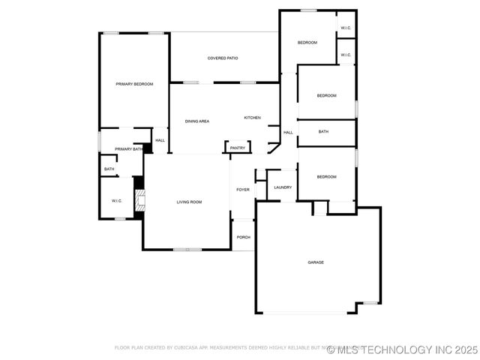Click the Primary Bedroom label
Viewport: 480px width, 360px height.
[x=134, y=84]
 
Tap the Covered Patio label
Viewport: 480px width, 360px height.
[x=223, y=58]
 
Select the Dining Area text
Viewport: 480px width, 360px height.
[x=197, y=121]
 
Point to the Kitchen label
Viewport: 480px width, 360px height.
[x=252, y=118]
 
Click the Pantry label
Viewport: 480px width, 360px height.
[x=238, y=148]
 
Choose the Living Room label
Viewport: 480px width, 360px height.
[x=189, y=202]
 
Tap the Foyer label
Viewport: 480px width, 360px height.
[x=243, y=190]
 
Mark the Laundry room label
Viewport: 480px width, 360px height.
[x=283, y=187]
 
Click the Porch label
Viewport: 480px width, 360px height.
[x=243, y=237]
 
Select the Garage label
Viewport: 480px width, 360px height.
[x=316, y=262]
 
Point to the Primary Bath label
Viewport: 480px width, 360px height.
[x=128, y=149]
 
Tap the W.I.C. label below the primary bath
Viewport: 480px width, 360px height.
[x=117, y=201]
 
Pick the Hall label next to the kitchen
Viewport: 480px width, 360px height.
[x=288, y=133]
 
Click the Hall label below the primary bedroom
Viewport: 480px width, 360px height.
[x=160, y=140]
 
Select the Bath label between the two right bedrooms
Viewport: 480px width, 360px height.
[x=323, y=132]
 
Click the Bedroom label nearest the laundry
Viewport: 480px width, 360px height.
[x=326, y=177]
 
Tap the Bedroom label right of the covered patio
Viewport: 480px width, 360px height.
[x=307, y=43]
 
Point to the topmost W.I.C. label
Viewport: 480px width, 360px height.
[x=345, y=28]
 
